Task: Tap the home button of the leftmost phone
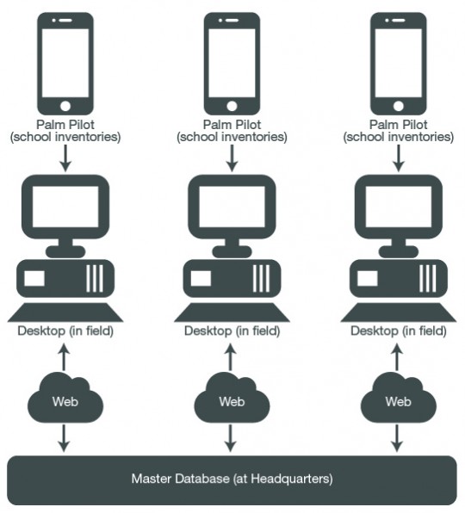(x=65, y=106)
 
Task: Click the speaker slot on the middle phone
(x=232, y=21)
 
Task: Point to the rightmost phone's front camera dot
(x=387, y=21)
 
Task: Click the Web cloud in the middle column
(x=232, y=397)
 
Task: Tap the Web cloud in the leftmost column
(x=65, y=397)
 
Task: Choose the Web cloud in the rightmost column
(x=398, y=397)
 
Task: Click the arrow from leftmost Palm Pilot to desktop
(x=65, y=158)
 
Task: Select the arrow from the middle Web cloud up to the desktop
(x=231, y=357)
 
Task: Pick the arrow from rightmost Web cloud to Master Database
(x=397, y=438)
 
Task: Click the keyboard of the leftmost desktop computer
(x=65, y=312)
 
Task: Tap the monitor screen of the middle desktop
(x=232, y=207)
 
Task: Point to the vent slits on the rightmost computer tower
(x=428, y=278)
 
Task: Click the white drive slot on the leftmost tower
(x=34, y=278)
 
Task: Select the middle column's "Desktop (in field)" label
(x=232, y=331)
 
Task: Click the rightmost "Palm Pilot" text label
(x=398, y=125)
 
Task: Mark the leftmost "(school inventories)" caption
(x=65, y=137)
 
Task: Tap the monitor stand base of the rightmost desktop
(x=398, y=251)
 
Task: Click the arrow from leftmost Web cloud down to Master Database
(x=64, y=438)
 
